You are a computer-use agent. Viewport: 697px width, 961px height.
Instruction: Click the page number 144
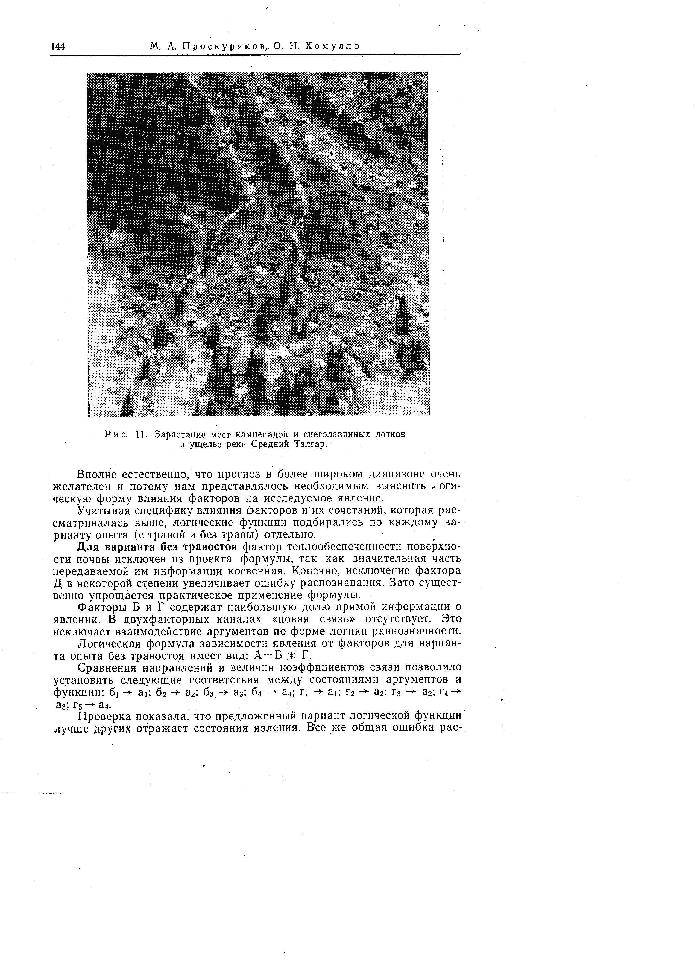point(58,46)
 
